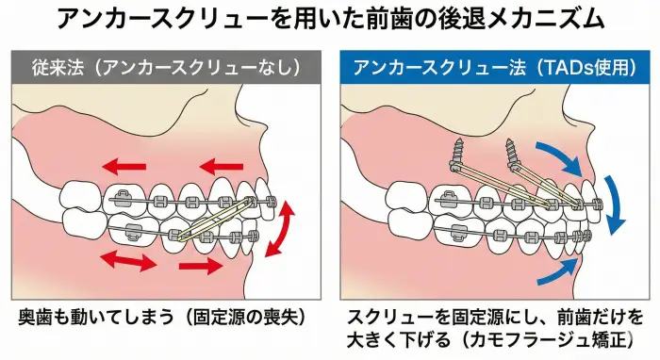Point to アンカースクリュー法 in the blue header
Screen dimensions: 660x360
pos(430,68)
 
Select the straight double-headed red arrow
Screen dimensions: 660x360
pos(128,260)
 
